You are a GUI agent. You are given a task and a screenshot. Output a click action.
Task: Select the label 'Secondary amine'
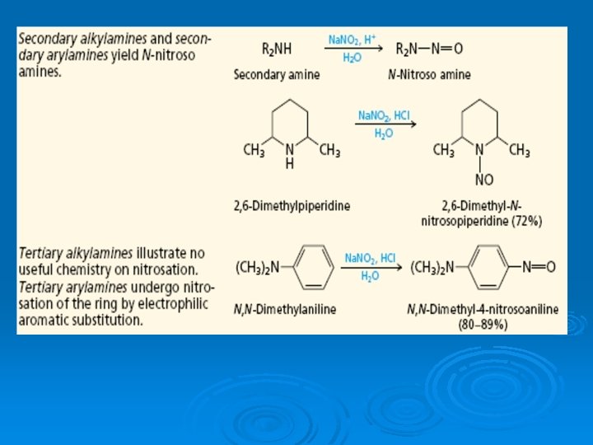pyautogui.click(x=277, y=74)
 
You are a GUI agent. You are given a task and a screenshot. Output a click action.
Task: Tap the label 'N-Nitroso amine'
pyautogui.click(x=429, y=74)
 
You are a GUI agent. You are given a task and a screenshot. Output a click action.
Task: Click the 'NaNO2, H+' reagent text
pyautogui.click(x=353, y=39)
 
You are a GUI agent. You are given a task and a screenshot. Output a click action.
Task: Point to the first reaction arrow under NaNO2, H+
pyautogui.click(x=353, y=49)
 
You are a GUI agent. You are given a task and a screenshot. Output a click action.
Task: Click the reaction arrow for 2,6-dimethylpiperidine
pyautogui.click(x=385, y=124)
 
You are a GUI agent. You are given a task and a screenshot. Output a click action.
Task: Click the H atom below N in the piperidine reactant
pyautogui.click(x=289, y=164)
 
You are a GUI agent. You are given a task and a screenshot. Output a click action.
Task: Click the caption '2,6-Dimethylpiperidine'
pyautogui.click(x=291, y=205)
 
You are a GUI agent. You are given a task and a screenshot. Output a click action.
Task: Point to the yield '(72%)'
pyautogui.click(x=525, y=221)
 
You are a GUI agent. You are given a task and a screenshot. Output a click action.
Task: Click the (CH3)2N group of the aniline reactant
pyautogui.click(x=258, y=266)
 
